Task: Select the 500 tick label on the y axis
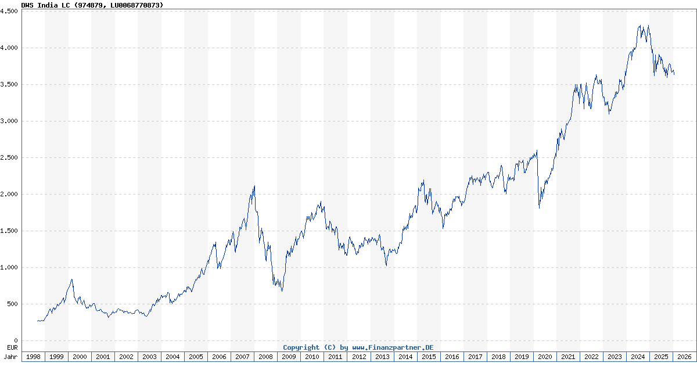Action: coord(12,304)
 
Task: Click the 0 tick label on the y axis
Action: coord(16,341)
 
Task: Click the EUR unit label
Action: coord(11,347)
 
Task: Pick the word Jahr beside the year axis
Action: coord(10,357)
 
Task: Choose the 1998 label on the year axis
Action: coord(33,357)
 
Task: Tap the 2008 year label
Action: coord(265,357)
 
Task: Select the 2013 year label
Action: coord(382,357)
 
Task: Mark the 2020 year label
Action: coord(545,357)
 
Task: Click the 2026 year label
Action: coord(684,357)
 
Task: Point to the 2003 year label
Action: coord(149,357)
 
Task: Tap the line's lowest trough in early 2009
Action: coord(282,290)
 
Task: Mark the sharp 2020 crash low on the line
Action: coord(539,207)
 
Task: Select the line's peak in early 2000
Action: coord(72,279)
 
